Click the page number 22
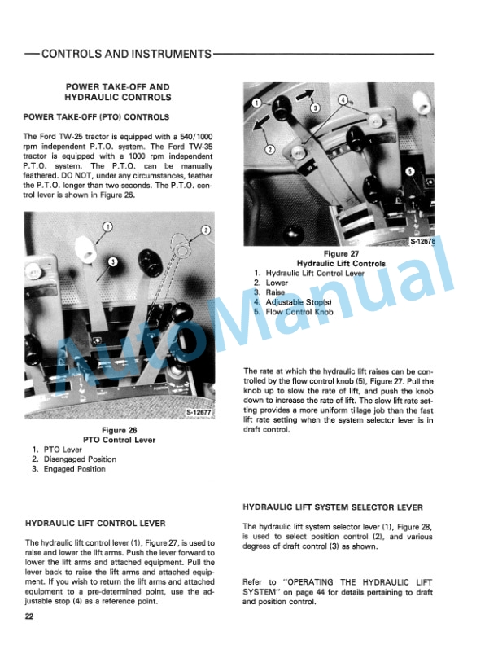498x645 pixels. pyautogui.click(x=29, y=618)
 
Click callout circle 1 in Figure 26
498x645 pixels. pyautogui.click(x=107, y=227)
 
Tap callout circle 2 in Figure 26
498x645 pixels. pyautogui.click(x=205, y=230)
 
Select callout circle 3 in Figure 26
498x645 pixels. pyautogui.click(x=113, y=260)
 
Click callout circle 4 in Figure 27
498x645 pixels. pyautogui.click(x=343, y=100)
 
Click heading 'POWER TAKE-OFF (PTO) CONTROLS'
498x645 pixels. pyautogui.click(x=96, y=117)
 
